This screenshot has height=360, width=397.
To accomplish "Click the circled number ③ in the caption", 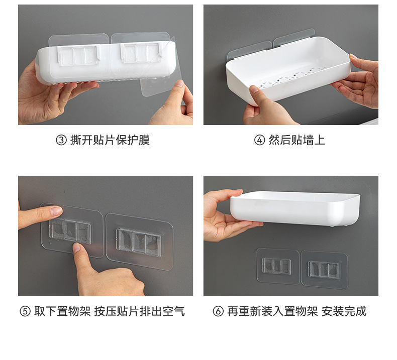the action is [x=61, y=140].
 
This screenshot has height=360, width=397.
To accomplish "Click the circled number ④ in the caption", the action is [x=259, y=140].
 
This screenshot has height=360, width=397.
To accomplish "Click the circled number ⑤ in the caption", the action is [x=25, y=311].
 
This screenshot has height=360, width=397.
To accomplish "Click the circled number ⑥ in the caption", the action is [x=218, y=311].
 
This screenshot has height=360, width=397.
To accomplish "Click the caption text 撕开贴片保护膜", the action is [x=110, y=140].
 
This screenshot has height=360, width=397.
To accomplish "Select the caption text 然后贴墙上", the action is [x=296, y=140].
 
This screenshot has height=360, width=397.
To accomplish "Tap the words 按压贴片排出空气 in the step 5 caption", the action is [x=140, y=311].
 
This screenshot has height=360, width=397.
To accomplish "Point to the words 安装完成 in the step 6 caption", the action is [x=344, y=311].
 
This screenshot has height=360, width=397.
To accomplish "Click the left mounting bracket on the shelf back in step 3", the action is [x=78, y=56].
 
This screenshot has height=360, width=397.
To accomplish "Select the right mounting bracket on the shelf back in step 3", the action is [x=141, y=52].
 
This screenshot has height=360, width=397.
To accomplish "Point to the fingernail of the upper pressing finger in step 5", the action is [x=56, y=211].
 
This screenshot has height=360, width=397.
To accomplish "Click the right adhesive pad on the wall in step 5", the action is [x=139, y=242].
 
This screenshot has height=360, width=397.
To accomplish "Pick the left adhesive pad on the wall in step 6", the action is [x=278, y=266].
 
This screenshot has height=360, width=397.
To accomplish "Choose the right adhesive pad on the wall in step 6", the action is [x=324, y=270].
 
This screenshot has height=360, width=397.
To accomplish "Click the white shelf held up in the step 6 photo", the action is [x=295, y=208].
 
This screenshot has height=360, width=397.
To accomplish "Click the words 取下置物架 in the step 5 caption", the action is [x=62, y=311].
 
